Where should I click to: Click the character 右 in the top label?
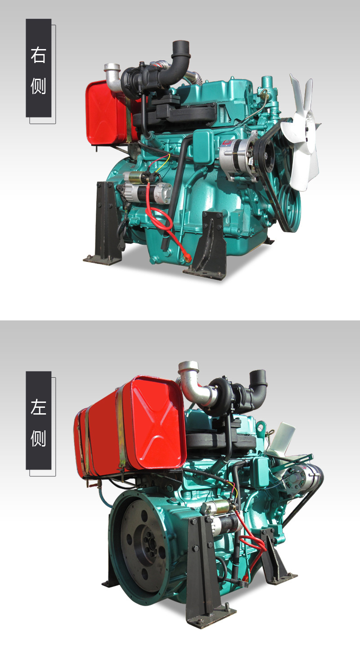pos(38,55)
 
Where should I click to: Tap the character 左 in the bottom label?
pos(38,407)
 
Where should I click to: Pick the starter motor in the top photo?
pos(146,186)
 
